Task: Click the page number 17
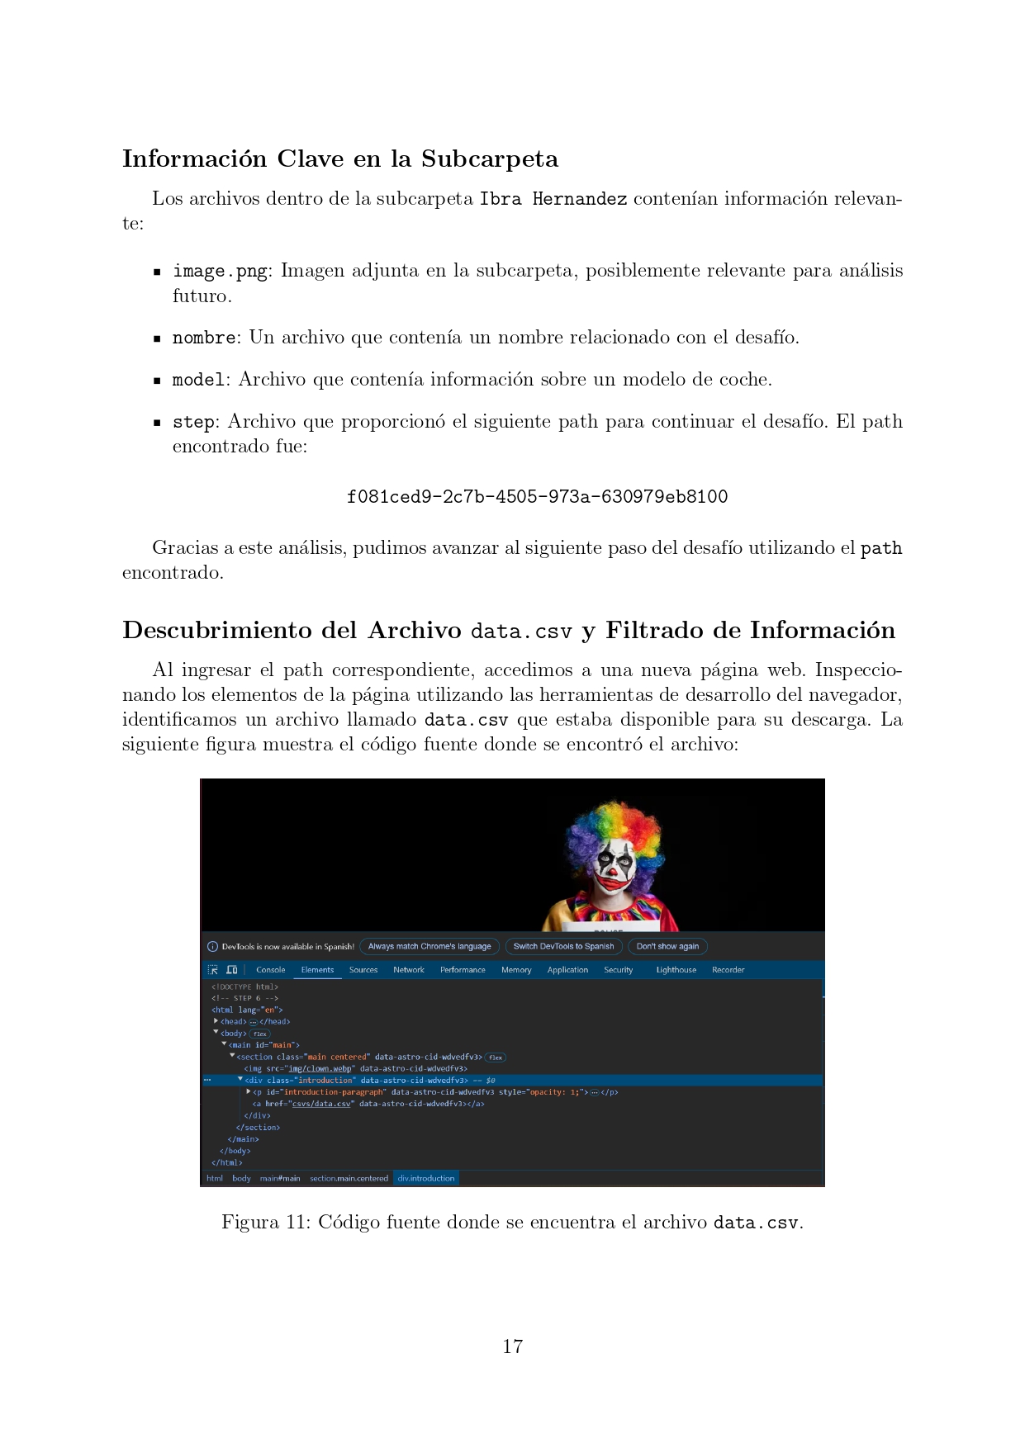pyautogui.click(x=512, y=1346)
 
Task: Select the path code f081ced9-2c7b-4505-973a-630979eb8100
pyautogui.click(x=537, y=497)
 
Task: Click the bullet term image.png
pyautogui.click(x=220, y=272)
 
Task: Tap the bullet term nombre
pyautogui.click(x=203, y=338)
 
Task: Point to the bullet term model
pyautogui.click(x=198, y=381)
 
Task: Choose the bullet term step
pyautogui.click(x=193, y=423)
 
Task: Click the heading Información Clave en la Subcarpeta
pyautogui.click(x=340, y=159)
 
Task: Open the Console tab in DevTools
pyautogui.click(x=270, y=970)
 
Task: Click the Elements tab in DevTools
pyautogui.click(x=317, y=970)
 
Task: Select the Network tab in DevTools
pyautogui.click(x=409, y=970)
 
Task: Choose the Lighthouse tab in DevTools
pyautogui.click(x=676, y=970)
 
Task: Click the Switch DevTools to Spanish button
pyautogui.click(x=563, y=947)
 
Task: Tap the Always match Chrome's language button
pyautogui.click(x=429, y=947)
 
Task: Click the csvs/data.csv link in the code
pyautogui.click(x=321, y=1104)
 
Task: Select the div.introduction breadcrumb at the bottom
pyautogui.click(x=425, y=1178)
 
